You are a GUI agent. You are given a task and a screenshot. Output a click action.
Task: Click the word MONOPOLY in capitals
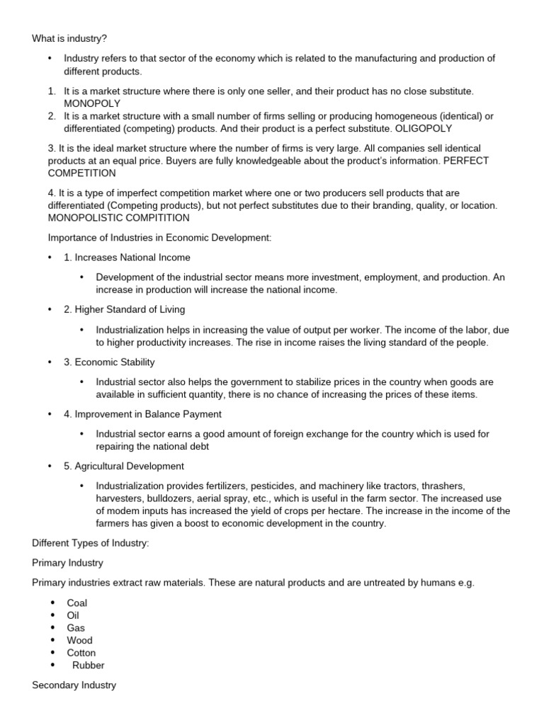click(92, 103)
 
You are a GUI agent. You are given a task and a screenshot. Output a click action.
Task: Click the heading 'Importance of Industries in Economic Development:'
click(159, 237)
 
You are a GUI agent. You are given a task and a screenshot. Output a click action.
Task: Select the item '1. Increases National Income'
click(127, 257)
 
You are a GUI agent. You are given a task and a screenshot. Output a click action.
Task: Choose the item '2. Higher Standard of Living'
click(125, 309)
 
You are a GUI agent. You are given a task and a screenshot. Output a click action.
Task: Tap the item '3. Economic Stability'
click(109, 362)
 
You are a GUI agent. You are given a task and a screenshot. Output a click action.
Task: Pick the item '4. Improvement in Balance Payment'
click(142, 414)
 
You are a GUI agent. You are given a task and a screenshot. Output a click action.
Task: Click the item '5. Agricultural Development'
click(124, 466)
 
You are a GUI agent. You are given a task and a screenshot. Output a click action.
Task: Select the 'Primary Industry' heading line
click(68, 563)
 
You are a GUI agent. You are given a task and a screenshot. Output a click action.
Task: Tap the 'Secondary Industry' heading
click(74, 685)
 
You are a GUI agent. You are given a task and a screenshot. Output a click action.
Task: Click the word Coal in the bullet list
click(77, 603)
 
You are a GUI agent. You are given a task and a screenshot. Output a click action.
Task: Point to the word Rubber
click(88, 665)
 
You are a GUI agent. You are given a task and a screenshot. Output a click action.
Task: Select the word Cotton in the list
click(81, 652)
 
